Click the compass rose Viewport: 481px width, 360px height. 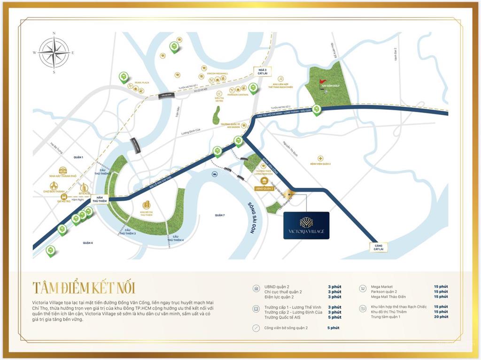pyautogui.click(x=54, y=53)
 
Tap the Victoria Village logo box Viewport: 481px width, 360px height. pyautogui.click(x=306, y=225)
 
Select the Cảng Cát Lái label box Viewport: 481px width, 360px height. pyautogui.click(x=380, y=247)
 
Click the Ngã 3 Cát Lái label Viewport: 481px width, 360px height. pyautogui.click(x=259, y=70)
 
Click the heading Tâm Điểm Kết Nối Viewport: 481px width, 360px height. pyautogui.click(x=84, y=287)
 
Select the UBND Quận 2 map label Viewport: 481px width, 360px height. pyautogui.click(x=264, y=188)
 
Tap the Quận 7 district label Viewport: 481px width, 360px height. pyautogui.click(x=220, y=215)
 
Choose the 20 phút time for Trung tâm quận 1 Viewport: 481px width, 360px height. pyautogui.click(x=441, y=317)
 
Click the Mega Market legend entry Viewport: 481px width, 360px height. pyautogui.click(x=381, y=287)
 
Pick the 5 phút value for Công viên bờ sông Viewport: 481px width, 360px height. pyautogui.click(x=333, y=328)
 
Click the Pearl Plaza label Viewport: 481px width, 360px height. pyautogui.click(x=142, y=83)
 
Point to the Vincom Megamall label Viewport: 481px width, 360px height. pyautogui.click(x=217, y=74)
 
